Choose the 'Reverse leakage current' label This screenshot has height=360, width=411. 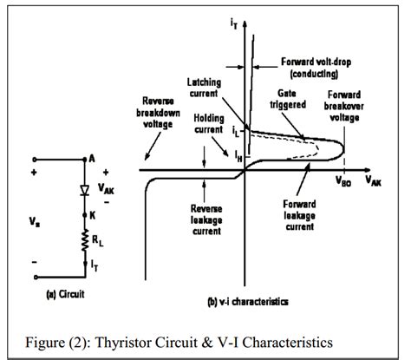[x=212, y=221]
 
